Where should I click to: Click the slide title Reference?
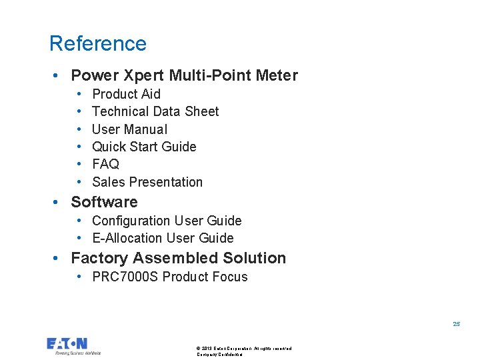point(98,43)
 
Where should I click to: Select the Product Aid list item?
point(126,94)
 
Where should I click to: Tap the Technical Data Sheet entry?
point(155,111)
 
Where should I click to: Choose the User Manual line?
point(129,129)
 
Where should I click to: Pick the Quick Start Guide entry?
point(144,147)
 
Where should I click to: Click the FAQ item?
point(105,164)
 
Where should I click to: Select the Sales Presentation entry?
point(147,182)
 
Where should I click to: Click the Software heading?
point(104,202)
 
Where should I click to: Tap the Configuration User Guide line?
point(167,221)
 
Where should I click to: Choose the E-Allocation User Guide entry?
point(163,238)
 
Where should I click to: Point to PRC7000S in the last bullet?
point(125,277)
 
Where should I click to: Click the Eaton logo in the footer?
point(67,344)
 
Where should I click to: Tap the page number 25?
point(456,324)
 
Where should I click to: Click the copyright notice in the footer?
point(244,349)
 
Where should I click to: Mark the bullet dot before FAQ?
point(79,164)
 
